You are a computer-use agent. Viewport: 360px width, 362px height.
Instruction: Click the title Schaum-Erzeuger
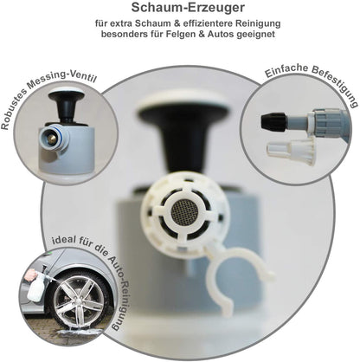(x=188, y=8)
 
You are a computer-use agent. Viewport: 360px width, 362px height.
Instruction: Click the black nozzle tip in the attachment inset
(x=273, y=121)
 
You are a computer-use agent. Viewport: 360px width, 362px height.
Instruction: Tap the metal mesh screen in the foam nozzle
(x=183, y=210)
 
